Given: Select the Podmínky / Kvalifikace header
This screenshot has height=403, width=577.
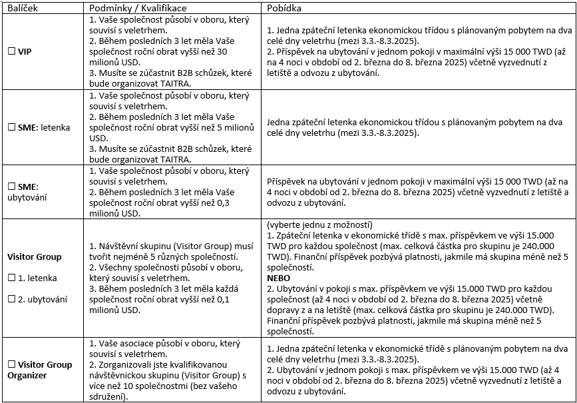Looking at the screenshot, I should pyautogui.click(x=131, y=6).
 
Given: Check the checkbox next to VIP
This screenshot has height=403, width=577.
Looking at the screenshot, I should pyautogui.click(x=11, y=52).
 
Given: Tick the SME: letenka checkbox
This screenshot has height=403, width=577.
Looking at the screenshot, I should pyautogui.click(x=11, y=127).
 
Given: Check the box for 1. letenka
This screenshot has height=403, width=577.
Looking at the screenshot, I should pyautogui.click(x=11, y=278).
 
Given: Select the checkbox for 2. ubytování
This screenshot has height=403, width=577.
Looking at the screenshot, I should pyautogui.click(x=11, y=299).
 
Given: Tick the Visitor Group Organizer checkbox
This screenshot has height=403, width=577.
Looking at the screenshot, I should pyautogui.click(x=11, y=364).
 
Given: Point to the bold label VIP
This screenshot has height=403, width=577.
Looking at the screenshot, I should pyautogui.click(x=25, y=52).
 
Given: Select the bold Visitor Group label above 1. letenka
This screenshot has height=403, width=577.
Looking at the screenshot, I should pyautogui.click(x=34, y=256).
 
